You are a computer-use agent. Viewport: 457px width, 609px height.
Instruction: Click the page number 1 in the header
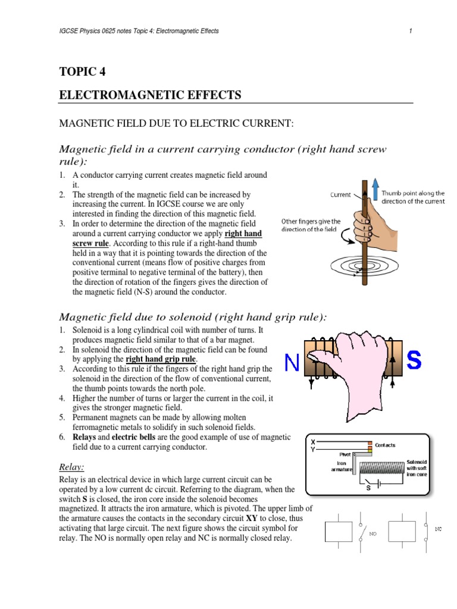(x=411, y=31)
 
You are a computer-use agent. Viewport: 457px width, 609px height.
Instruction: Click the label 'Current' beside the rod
(x=340, y=194)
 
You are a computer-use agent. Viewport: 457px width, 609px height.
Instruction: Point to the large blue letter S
(x=415, y=360)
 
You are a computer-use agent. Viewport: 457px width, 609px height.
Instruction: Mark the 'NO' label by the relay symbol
(x=374, y=534)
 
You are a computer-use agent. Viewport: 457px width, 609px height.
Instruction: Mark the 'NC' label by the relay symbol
(x=439, y=528)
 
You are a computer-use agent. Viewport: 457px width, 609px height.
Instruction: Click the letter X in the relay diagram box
(x=314, y=442)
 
